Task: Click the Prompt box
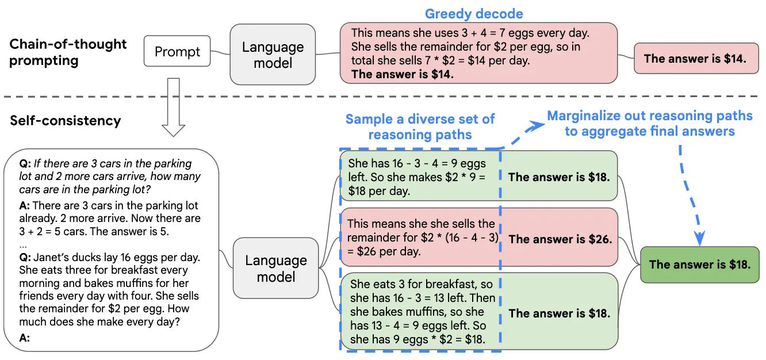177,51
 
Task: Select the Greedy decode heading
474,14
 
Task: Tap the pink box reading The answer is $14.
696,59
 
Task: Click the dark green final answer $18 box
700,265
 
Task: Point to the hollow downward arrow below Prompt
173,108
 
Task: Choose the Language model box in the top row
273,55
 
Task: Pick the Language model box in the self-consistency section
275,268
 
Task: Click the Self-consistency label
66,121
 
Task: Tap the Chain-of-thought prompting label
68,52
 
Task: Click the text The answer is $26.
560,239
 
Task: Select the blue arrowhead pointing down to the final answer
699,238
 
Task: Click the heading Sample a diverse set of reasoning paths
420,127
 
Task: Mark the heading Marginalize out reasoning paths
650,116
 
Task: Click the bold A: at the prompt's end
24,338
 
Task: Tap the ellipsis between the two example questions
23,246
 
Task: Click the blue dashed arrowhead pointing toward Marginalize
535,126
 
